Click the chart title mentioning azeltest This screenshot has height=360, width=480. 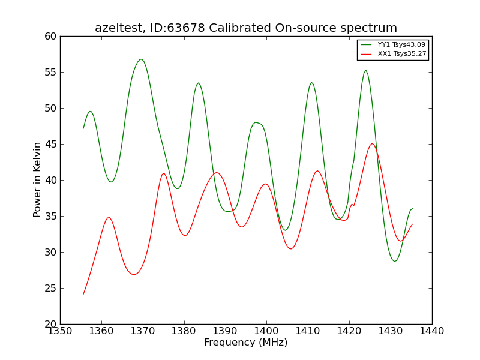tap(246, 28)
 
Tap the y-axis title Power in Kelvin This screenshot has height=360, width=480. tap(37, 179)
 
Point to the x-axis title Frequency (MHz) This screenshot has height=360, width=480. tap(246, 342)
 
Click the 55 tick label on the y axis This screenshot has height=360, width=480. tap(50, 72)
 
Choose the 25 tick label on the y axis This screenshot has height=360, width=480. tap(50, 289)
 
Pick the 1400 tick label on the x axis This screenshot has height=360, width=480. tap(266, 331)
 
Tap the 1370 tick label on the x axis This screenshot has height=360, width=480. tap(143, 331)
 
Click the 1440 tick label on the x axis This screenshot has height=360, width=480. tap(432, 331)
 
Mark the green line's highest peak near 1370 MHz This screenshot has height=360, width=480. tap(140, 59)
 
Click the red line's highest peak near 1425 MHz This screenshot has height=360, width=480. tap(372, 143)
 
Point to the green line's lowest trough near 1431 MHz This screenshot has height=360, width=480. tap(395, 261)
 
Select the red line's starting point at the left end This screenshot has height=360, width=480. tap(83, 294)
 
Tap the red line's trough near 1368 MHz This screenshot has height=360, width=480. tap(134, 274)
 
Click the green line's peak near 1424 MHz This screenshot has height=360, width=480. tap(366, 70)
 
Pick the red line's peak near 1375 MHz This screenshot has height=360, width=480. tap(164, 173)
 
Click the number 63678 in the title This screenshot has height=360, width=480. tap(186, 28)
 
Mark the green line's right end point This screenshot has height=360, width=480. tap(412, 208)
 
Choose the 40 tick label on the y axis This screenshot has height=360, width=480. tap(50, 181)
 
